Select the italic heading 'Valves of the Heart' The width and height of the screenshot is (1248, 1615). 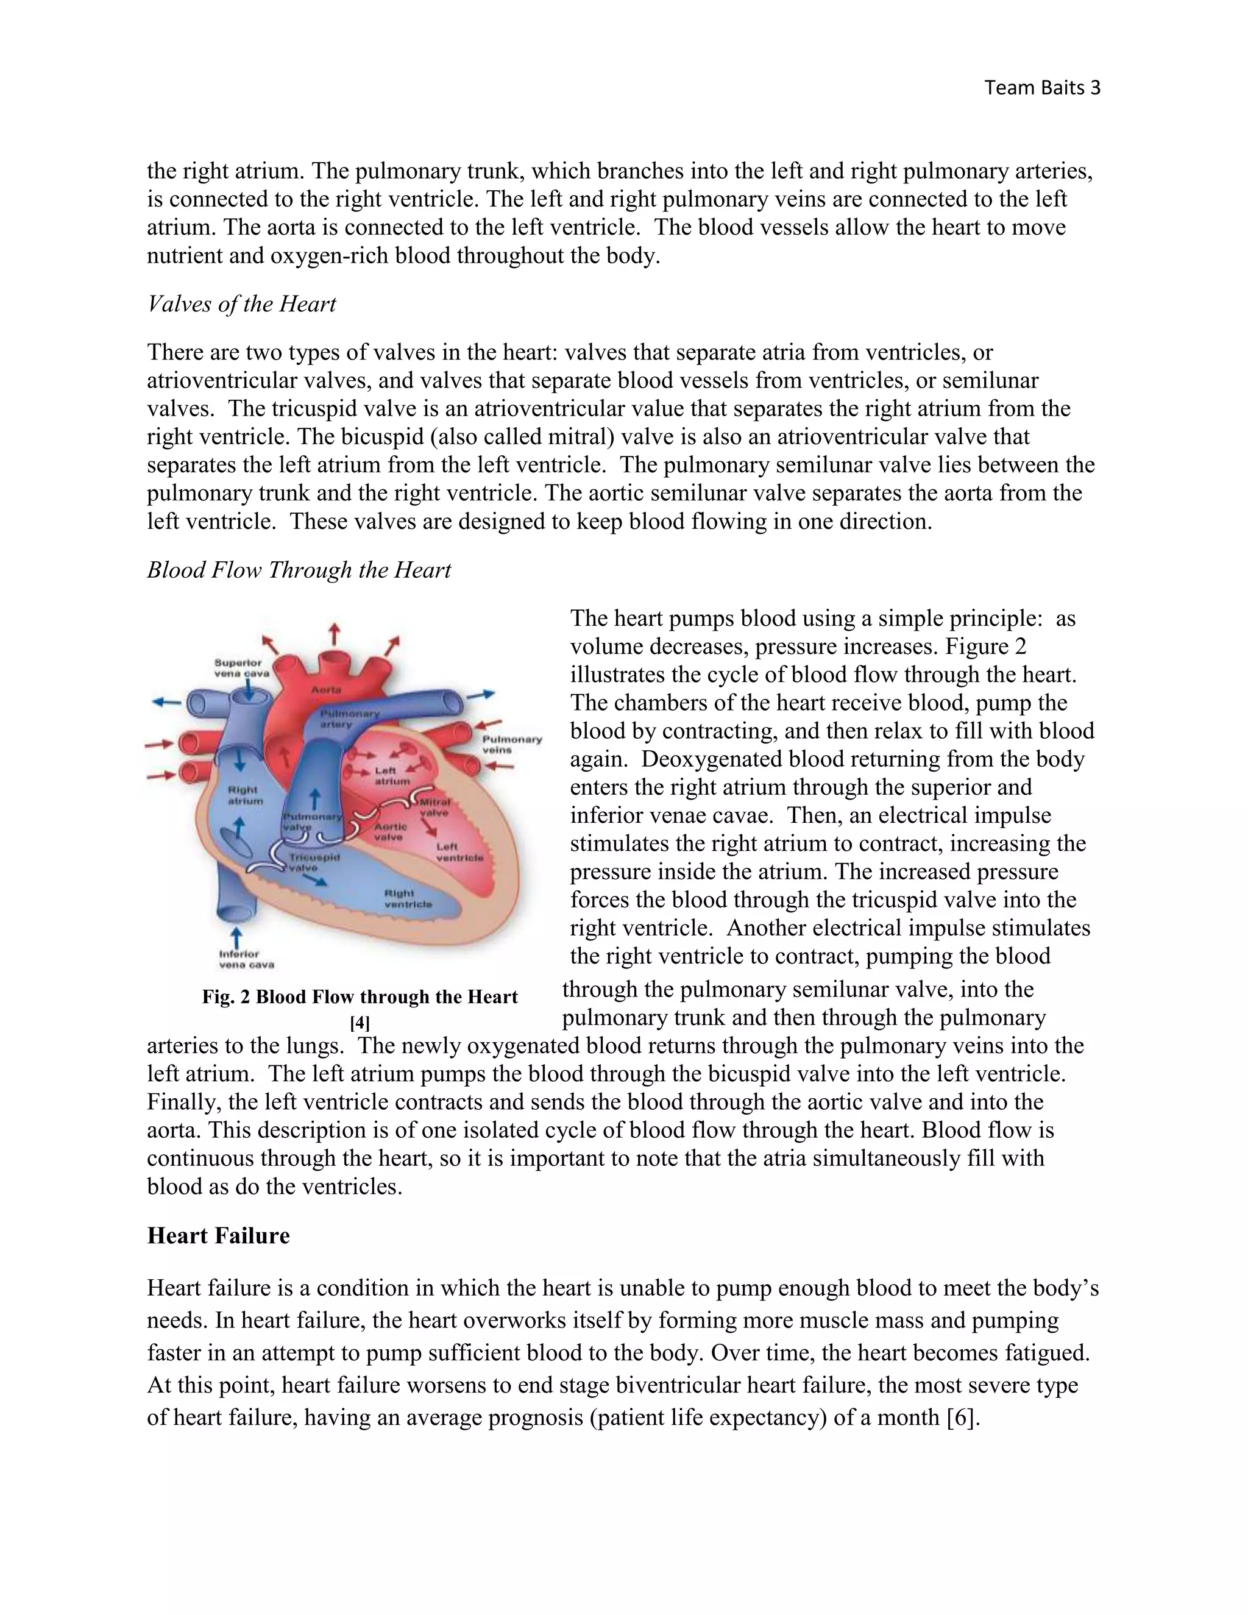click(242, 304)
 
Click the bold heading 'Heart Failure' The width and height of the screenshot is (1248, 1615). click(218, 1236)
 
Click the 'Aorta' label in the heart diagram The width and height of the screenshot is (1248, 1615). click(326, 689)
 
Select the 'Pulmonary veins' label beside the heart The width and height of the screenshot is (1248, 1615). click(512, 744)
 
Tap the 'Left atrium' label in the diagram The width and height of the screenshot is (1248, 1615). click(391, 776)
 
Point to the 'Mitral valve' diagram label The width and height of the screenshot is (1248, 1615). click(434, 807)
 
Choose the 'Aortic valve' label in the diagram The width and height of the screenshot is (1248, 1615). click(389, 832)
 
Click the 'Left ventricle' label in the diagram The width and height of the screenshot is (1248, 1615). click(459, 852)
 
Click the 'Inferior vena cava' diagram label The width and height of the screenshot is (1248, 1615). click(246, 959)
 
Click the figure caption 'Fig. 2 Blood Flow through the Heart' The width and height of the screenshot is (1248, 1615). click(360, 997)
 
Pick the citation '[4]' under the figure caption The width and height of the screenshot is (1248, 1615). click(360, 1023)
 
